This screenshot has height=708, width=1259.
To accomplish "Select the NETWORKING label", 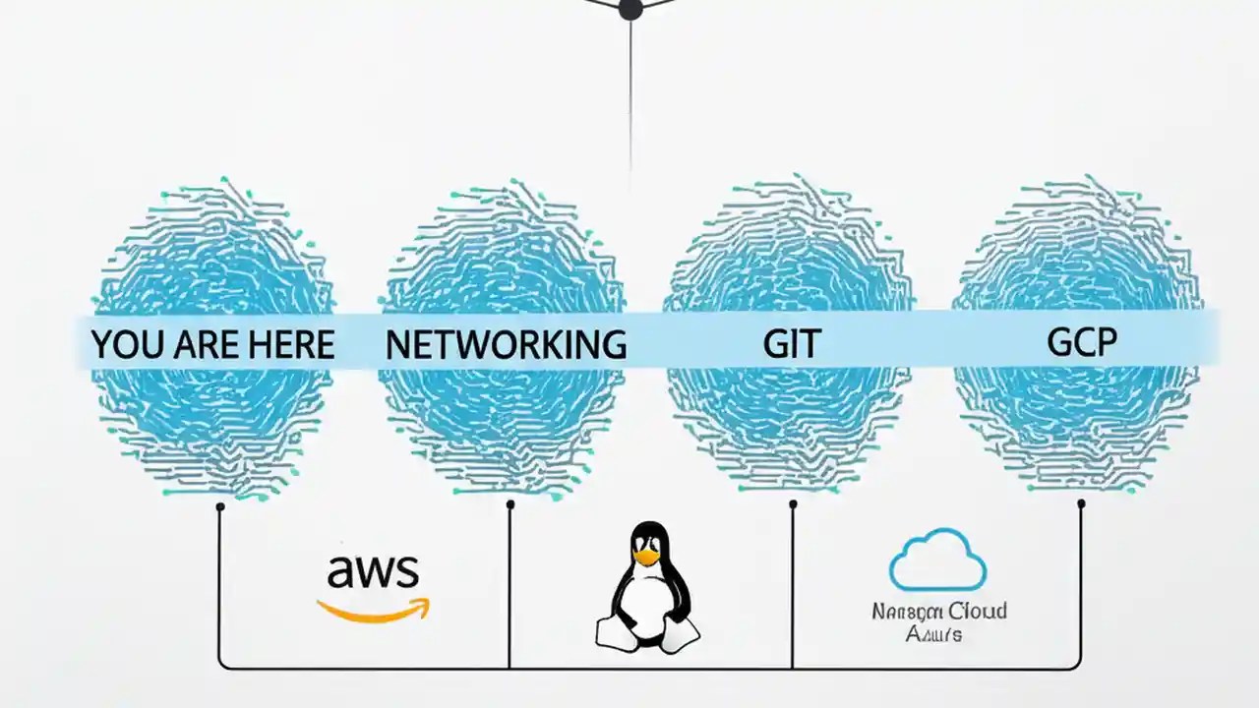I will click(x=506, y=344).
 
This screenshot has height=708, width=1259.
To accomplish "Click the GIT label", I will click(x=792, y=344).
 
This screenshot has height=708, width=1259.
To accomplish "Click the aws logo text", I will click(x=374, y=570).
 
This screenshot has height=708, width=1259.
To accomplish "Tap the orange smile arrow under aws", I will click(x=374, y=610).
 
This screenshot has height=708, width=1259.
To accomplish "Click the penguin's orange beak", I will click(x=646, y=558).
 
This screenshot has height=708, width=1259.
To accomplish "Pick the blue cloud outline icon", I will click(x=937, y=560).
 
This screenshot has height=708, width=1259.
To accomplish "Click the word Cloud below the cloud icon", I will click(x=976, y=611).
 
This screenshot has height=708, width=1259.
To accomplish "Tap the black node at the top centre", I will click(x=629, y=9).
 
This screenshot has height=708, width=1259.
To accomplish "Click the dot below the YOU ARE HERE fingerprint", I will click(x=220, y=506).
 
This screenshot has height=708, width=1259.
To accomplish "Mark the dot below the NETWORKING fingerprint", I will click(x=510, y=505).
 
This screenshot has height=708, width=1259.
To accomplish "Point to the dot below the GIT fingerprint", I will click(x=793, y=504).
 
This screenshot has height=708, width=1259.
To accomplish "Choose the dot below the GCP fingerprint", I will click(x=1081, y=503).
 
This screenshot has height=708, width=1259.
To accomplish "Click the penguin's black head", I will click(x=647, y=538).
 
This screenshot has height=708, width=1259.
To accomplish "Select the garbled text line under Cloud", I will click(x=933, y=634).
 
